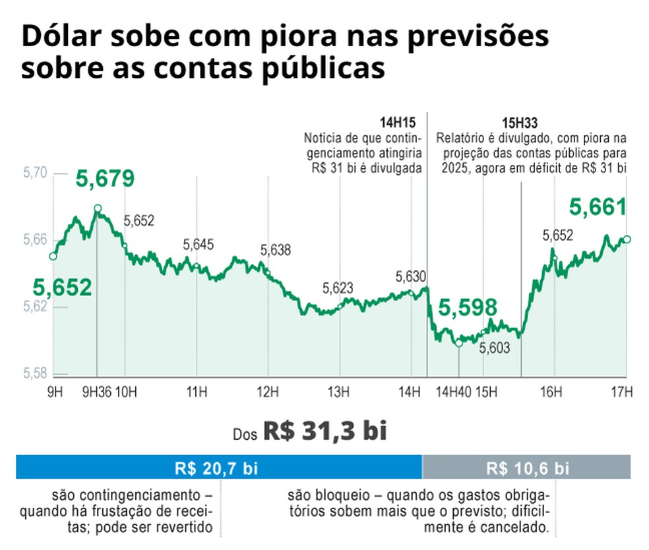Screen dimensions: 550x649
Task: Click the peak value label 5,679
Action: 106,179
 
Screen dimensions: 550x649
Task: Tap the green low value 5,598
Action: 468,308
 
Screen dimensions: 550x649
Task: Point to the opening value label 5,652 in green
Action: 63,288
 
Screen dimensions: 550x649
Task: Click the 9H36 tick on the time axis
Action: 96,393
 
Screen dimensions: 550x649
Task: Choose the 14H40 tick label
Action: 453,393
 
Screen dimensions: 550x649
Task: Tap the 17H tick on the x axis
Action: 621,393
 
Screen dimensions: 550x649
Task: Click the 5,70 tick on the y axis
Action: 34,173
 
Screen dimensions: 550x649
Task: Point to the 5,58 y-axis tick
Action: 34,374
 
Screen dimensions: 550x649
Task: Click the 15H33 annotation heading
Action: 521,123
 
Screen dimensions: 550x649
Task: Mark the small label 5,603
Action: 494,348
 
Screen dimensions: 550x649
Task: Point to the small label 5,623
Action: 338,288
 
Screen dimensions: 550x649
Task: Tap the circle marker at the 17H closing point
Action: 627,239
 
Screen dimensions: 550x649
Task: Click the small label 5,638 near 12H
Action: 275,251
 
